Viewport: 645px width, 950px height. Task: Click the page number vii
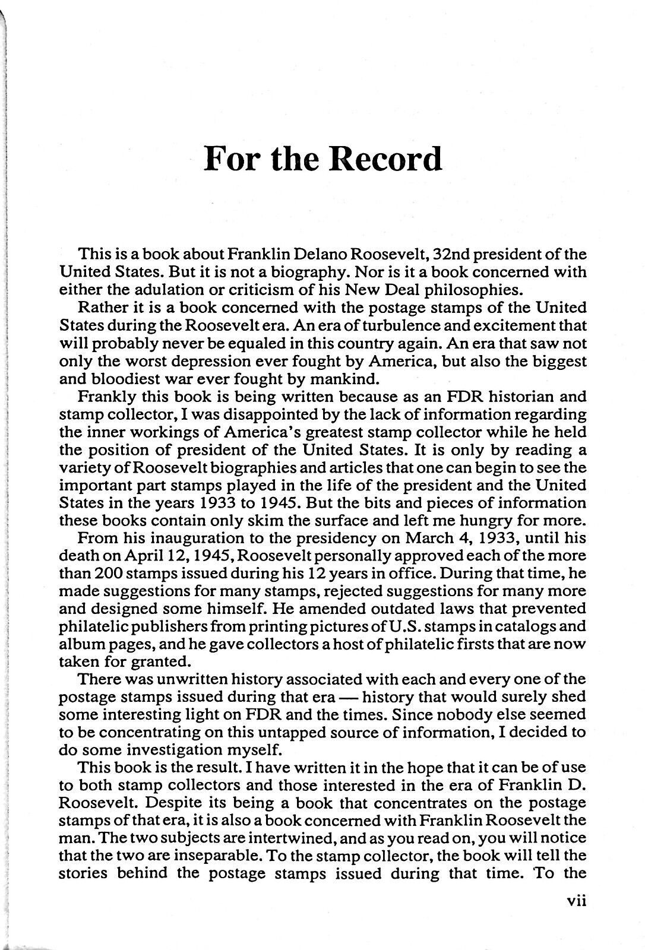(x=576, y=917)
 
